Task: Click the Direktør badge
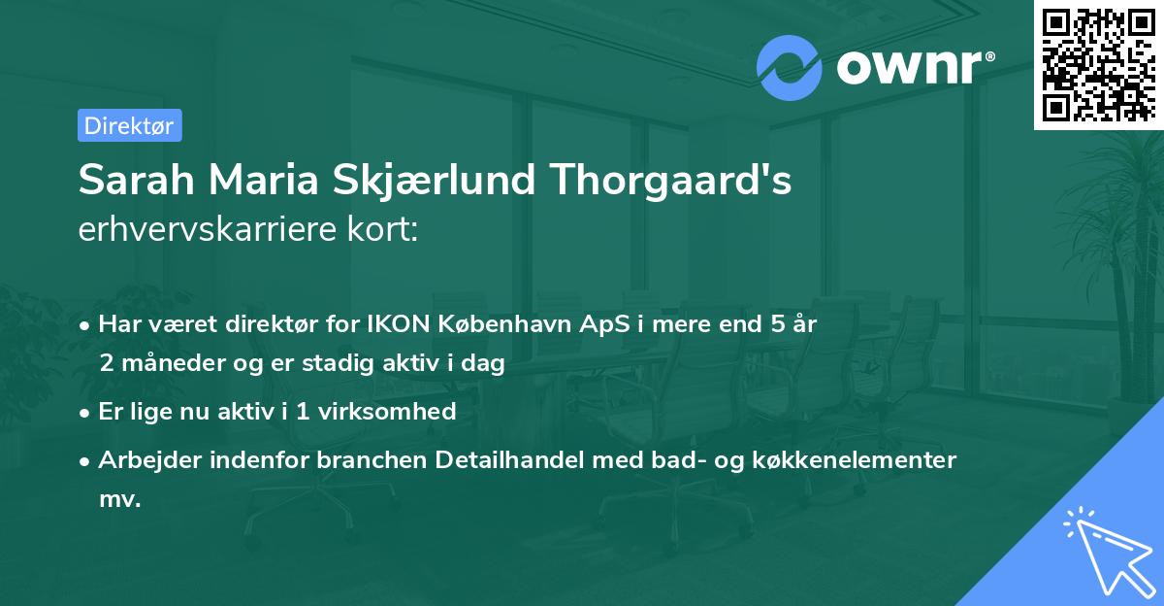pyautogui.click(x=129, y=125)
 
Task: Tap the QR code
pyautogui.click(x=1098, y=64)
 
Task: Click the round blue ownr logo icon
pyautogui.click(x=790, y=67)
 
